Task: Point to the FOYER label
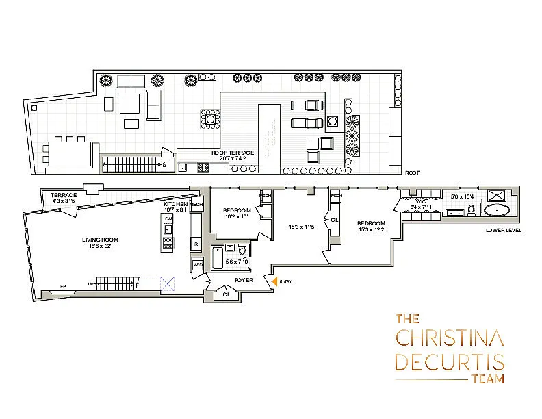[x=244, y=281]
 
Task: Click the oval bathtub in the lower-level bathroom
[x=498, y=210]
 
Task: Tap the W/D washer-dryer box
[x=198, y=264]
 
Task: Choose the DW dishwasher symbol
[x=168, y=218]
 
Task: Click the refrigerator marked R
[x=196, y=243]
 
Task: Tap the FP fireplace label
[x=63, y=286]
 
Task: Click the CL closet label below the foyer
[x=227, y=295]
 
